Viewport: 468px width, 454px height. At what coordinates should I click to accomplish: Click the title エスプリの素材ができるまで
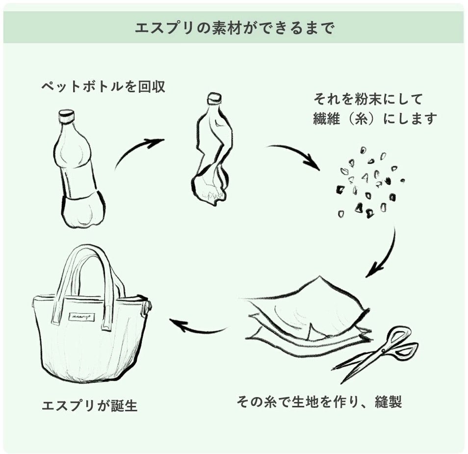tap(234, 28)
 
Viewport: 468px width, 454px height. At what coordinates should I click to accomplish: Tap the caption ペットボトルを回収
tap(104, 87)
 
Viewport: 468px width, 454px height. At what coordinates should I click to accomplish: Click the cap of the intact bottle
tap(66, 116)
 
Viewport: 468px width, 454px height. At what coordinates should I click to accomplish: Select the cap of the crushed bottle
tap(214, 98)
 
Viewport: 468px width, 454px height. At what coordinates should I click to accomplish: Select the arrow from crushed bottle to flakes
tap(294, 155)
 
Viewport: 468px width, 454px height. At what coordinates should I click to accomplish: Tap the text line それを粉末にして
tap(368, 100)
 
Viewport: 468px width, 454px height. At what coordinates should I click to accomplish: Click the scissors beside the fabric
tap(378, 353)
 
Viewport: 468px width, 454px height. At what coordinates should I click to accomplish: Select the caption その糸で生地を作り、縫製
tap(319, 402)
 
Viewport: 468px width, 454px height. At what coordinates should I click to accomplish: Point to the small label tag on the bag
tap(81, 317)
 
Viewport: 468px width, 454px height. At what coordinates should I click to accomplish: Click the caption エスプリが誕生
tap(90, 406)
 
